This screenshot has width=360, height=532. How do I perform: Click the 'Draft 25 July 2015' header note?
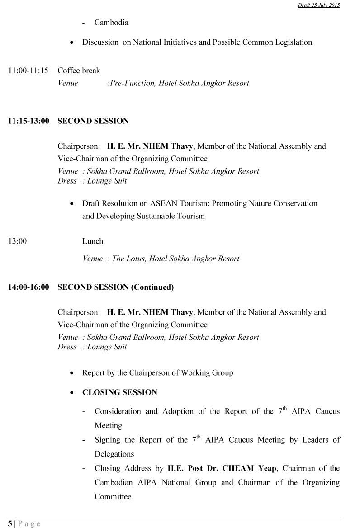pos(319,5)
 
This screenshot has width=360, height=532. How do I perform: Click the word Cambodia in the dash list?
pos(111,23)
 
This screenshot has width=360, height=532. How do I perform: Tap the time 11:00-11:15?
pos(28,71)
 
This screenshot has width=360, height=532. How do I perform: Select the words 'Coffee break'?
pos(79,71)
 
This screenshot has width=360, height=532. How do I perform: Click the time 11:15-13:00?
pos(28,121)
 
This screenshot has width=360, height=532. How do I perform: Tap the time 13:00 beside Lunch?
pos(17,241)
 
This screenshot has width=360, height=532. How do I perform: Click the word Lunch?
pos(93,241)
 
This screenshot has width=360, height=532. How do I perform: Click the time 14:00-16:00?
pos(28,287)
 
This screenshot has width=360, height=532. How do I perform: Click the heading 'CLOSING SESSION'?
pos(120,392)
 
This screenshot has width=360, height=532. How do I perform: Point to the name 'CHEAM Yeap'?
pos(255,468)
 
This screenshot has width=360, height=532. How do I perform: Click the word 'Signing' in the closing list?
pos(108,440)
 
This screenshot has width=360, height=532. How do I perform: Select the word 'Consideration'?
pos(118,411)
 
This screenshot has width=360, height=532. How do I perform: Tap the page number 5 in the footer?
pos(10,524)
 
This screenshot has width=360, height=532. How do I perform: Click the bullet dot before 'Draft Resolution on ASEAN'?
pos(72,204)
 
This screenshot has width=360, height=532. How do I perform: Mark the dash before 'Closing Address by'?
pos(84,469)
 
